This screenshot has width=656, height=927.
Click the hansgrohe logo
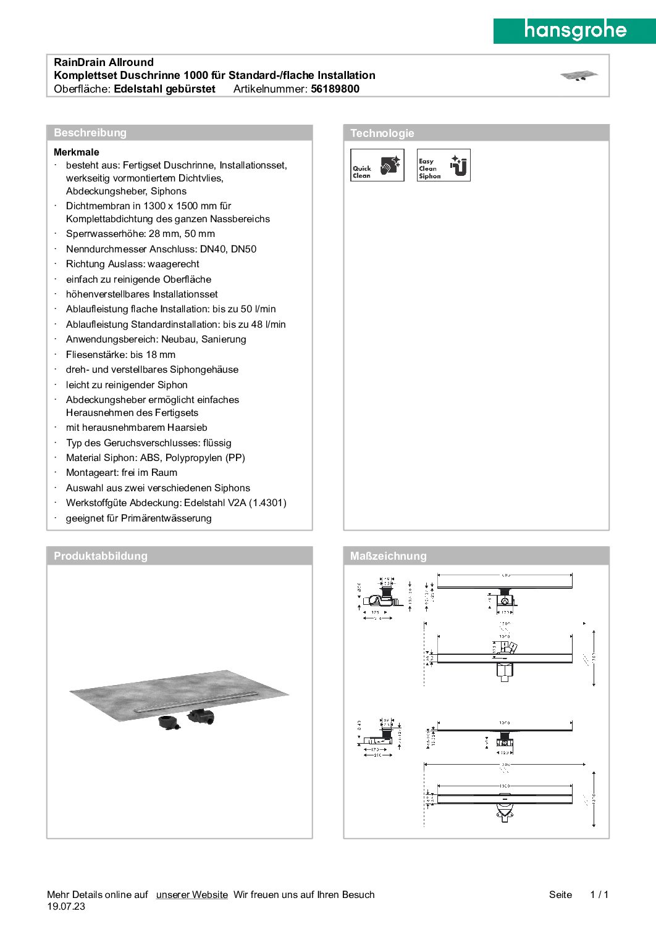click(574, 30)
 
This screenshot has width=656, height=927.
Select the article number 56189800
click(335, 89)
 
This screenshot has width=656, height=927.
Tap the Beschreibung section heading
click(90, 133)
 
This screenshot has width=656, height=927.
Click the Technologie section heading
click(382, 133)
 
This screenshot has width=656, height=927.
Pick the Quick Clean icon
click(377, 165)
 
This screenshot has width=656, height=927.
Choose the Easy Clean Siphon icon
click(444, 165)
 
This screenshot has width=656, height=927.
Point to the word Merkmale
click(77, 152)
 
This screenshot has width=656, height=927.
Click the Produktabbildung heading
click(101, 556)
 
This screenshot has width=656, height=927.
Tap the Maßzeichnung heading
click(389, 556)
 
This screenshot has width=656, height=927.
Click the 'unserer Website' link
click(192, 895)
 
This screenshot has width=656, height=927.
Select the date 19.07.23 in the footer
click(66, 907)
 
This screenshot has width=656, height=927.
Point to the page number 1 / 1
click(599, 895)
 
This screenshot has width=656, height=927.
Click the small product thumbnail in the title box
click(579, 76)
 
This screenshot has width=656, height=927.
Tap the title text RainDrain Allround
click(104, 62)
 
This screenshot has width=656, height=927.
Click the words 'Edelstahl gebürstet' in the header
click(165, 89)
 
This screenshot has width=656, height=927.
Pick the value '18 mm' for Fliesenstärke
click(161, 355)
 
